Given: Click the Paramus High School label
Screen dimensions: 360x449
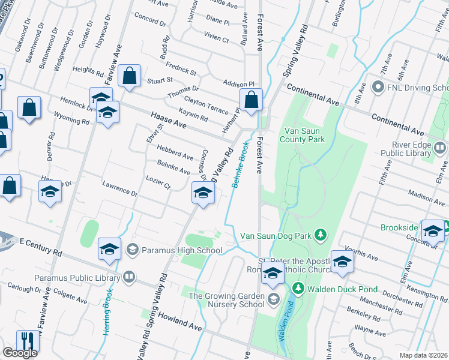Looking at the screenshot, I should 182,250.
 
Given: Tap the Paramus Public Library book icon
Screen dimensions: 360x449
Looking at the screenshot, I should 129,277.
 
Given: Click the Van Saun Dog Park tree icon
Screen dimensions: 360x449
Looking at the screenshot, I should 321,234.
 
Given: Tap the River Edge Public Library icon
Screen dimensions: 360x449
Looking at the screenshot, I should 440,148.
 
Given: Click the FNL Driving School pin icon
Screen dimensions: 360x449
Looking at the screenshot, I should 378,88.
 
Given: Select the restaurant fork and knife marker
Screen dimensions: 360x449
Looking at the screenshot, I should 28,341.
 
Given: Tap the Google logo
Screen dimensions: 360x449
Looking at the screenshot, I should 20,353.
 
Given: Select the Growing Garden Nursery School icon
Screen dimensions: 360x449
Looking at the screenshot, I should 273,299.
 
